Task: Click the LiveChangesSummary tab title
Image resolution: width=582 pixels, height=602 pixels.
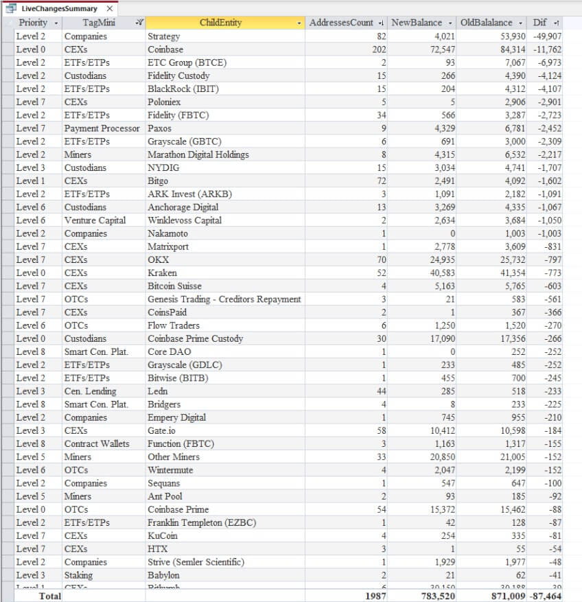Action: point(59,9)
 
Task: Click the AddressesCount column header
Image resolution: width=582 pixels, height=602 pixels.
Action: point(341,23)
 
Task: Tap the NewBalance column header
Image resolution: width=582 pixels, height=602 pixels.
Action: point(417,23)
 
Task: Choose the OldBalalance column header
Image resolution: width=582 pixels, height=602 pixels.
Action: point(487,23)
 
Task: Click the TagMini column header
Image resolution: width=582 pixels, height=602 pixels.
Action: point(99,23)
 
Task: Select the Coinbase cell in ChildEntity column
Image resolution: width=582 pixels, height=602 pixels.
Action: point(165,49)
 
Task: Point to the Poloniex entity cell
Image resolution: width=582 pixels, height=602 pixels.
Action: point(165,102)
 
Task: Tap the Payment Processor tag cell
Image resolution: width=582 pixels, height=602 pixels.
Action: point(102,128)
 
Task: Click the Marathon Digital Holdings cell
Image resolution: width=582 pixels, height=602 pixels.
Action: point(198,154)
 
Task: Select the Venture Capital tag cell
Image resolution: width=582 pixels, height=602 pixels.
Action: point(95,220)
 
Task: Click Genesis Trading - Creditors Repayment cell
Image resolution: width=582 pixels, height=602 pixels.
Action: point(224,299)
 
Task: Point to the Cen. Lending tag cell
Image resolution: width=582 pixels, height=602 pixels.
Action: point(91,391)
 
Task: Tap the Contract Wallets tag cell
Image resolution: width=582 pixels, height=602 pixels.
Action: point(97,443)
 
